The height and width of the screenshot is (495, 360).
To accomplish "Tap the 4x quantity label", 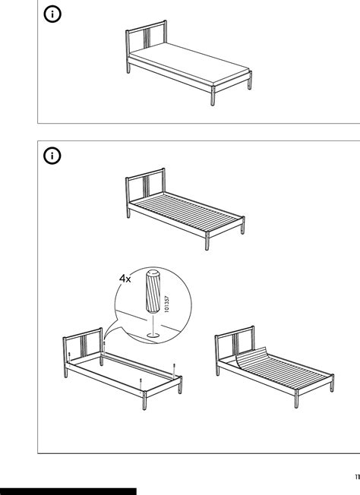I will pos(125,279).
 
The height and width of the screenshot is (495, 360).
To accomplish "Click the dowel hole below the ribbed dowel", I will pos(152,331).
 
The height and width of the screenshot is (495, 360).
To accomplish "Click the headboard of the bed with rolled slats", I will pos(233,341).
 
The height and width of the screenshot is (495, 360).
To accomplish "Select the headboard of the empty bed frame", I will pos(83,342).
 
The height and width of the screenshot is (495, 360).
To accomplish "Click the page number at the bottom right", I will pos(355,477).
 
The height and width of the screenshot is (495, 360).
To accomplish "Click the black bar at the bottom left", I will pos(68,491).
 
